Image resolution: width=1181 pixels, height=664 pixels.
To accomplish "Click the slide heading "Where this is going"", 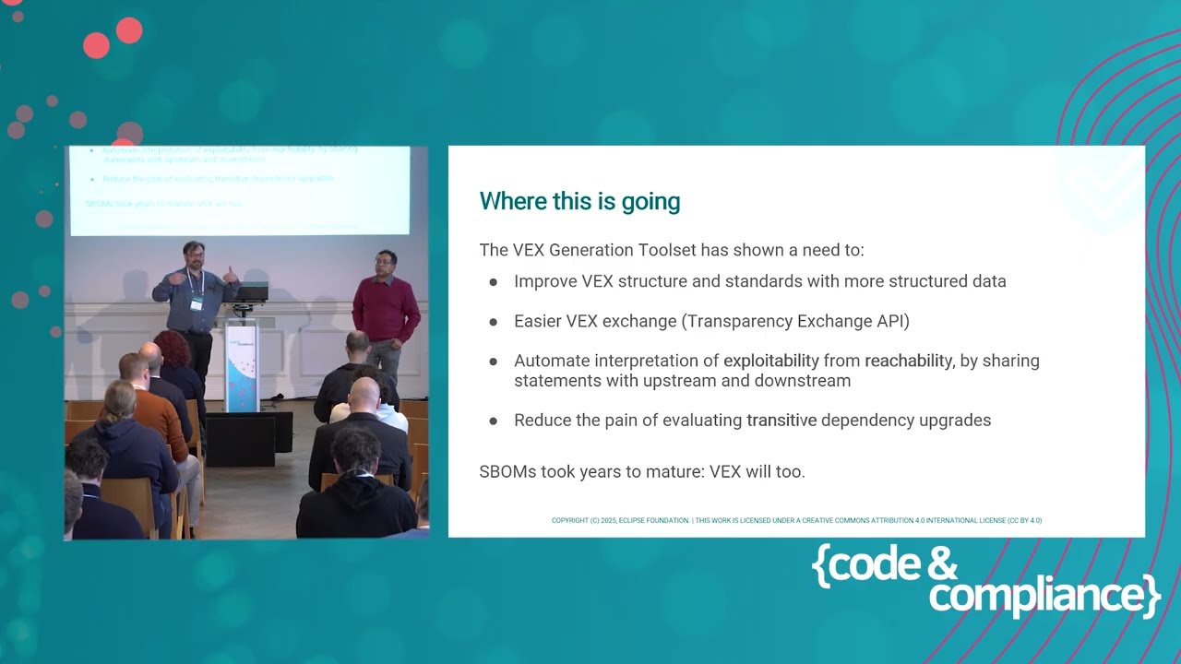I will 579,201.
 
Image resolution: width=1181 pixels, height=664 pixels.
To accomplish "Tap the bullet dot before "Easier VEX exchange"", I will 494,321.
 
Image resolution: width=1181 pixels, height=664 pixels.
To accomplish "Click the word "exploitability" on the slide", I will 771,361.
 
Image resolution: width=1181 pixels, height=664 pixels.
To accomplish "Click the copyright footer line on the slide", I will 796,520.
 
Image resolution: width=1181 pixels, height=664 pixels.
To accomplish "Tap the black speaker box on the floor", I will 240,440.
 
